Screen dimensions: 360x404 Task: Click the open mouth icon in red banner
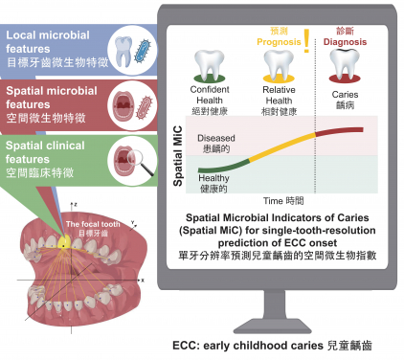click(x=123, y=102)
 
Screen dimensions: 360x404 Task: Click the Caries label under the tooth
click(x=346, y=96)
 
